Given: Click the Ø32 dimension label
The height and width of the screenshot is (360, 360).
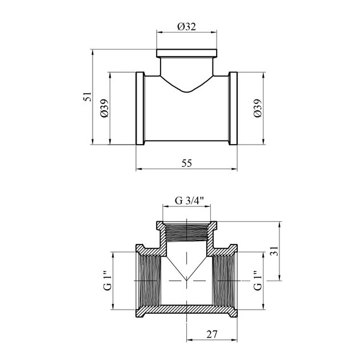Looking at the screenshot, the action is (x=186, y=27).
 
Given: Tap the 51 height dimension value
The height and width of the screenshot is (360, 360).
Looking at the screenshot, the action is (x=87, y=97).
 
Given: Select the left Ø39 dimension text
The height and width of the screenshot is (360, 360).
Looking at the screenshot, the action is (x=104, y=109).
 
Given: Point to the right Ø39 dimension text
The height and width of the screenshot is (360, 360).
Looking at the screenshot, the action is (x=257, y=109).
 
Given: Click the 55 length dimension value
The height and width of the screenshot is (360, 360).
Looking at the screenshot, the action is (x=186, y=163).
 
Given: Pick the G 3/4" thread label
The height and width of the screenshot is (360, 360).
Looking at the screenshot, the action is (x=189, y=201).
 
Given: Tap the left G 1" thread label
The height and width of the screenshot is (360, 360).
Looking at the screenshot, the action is (x=107, y=281).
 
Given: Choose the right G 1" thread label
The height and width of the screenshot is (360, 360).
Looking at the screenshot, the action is (x=257, y=281).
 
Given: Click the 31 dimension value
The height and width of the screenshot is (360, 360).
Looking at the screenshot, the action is (x=274, y=251).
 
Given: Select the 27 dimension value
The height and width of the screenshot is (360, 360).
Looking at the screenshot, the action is (x=211, y=334).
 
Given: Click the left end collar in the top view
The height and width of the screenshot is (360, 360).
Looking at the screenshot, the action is (x=140, y=109).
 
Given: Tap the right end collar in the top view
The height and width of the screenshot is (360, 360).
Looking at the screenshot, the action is (x=233, y=109).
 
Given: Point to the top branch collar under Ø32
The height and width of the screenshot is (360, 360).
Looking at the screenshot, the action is (x=187, y=53).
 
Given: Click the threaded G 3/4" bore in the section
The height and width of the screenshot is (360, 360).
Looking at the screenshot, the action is (x=186, y=231).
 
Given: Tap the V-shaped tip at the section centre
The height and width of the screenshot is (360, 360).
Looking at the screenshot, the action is (x=186, y=281).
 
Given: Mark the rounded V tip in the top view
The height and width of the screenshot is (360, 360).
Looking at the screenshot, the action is (x=187, y=92).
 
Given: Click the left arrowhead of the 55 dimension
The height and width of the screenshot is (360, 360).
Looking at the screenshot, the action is (x=138, y=169).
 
